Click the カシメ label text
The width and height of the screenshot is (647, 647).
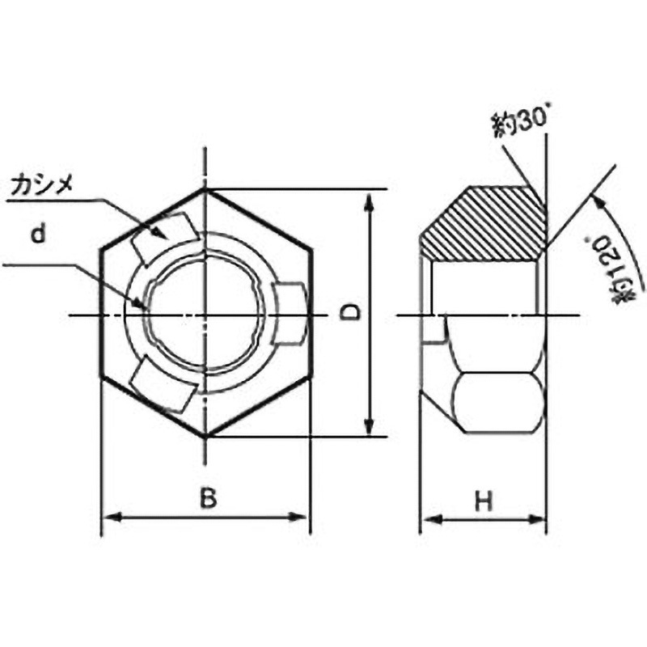coord(42,186)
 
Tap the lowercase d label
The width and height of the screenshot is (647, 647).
coord(38,235)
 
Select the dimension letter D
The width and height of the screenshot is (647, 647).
coord(350,312)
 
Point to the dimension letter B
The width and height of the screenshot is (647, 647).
coord(208,498)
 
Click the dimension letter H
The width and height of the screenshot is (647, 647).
coord(484,501)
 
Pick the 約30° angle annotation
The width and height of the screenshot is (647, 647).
coord(521,122)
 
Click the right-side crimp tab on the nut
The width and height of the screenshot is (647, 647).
coord(289,313)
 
